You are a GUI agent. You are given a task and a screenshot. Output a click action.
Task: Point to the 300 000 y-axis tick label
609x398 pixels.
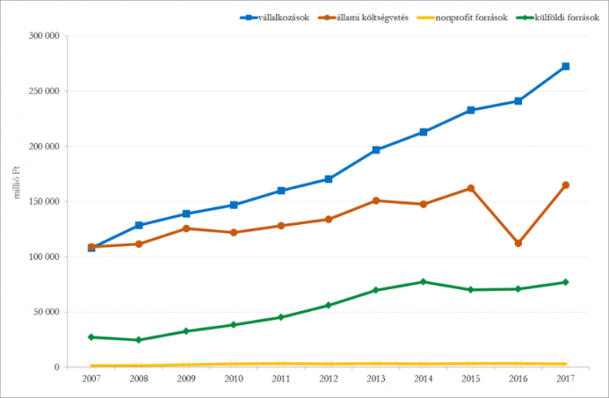tap(43, 37)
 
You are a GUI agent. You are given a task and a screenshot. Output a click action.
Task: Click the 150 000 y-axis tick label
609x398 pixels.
tap(43, 201)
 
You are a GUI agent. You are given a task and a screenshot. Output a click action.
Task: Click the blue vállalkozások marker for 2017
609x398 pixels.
tap(565, 67)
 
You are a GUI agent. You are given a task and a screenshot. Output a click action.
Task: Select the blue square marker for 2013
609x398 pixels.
tap(376, 150)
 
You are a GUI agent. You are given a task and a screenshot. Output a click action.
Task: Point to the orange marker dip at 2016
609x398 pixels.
tap(518, 243)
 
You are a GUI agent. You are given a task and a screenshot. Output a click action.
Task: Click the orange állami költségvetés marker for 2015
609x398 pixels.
tap(471, 188)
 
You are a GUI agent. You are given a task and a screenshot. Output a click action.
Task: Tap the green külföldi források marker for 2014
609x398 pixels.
tap(423, 282)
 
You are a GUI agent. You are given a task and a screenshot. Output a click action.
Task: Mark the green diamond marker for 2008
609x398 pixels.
tap(139, 340)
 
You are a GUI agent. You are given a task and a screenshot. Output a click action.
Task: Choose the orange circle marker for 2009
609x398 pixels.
tap(186, 228)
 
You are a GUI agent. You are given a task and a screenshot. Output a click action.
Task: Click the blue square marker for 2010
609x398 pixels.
tap(234, 205)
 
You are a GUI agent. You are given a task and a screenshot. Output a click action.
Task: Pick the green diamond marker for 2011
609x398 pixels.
tap(281, 317)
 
